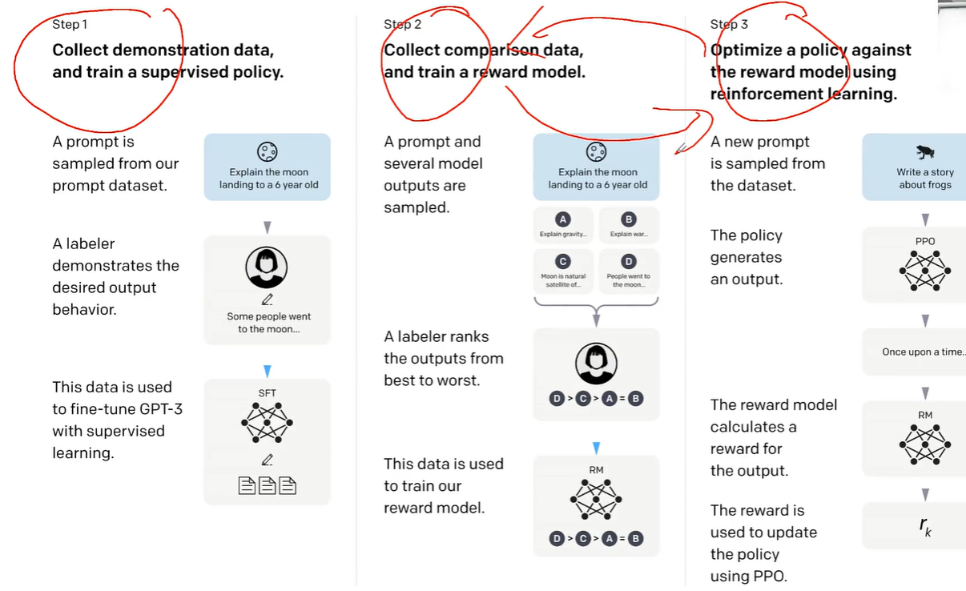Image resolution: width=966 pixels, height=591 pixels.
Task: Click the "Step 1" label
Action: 70,24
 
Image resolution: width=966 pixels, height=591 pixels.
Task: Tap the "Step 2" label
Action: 402,24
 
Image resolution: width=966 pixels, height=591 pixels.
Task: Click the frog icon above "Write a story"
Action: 925,151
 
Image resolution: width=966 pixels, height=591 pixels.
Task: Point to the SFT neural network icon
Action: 267,422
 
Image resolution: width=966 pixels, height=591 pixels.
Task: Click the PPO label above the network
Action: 925,241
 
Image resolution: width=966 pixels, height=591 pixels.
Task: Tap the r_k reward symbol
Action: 925,526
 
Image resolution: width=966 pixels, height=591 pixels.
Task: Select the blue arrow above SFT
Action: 268,371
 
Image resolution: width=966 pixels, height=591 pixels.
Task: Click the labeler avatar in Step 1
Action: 267,267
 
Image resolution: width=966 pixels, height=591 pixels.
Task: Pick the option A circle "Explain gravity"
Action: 563,219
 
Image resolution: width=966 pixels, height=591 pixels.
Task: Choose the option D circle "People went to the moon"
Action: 629,262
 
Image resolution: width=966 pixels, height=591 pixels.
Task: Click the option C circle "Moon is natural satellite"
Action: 563,262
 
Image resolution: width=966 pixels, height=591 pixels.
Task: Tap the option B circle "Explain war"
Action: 629,219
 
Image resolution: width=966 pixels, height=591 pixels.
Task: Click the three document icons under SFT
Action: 268,485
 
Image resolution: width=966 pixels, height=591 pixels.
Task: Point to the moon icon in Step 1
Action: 268,151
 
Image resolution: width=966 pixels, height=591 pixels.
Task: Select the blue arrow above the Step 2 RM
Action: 596,448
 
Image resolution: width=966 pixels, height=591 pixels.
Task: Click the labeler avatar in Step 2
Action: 596,364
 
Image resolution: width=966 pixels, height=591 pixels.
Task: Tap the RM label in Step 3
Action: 925,415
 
